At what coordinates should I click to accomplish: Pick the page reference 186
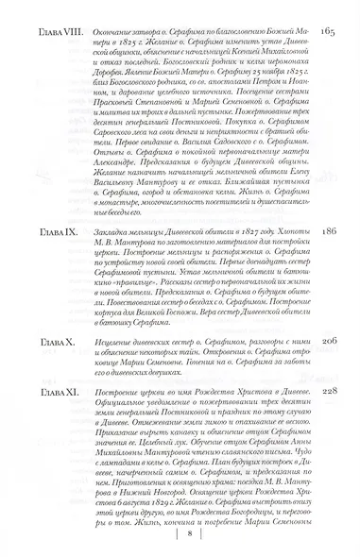pyautogui.click(x=329, y=256)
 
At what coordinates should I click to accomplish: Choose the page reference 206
pyautogui.click(x=329, y=363)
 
